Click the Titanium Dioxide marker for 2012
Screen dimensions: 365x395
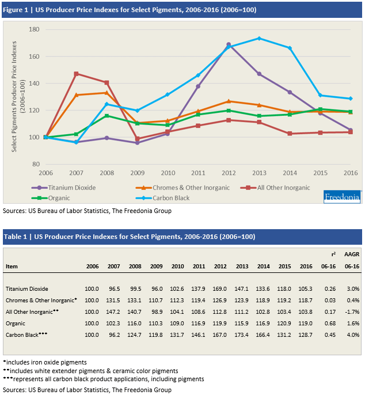pos(229,44)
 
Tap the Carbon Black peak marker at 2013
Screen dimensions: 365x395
pos(259,38)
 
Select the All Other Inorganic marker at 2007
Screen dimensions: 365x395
pos(77,74)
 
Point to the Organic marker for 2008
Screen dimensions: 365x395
pos(107,116)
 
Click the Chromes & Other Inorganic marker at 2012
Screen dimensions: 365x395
pos(229,101)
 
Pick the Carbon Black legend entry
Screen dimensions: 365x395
pos(162,198)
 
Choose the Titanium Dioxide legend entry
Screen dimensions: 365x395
pos(64,188)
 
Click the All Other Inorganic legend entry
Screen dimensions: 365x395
pos(275,188)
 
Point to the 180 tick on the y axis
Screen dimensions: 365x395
pos(35,29)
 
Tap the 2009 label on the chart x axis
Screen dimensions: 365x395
pos(137,173)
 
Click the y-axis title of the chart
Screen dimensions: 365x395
pos(18,97)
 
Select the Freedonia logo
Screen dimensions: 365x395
pos(342,197)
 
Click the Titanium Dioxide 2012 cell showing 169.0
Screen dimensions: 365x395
pos(219,288)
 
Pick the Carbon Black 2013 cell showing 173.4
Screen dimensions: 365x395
pos(241,335)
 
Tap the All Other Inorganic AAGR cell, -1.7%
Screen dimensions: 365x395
pos(352,312)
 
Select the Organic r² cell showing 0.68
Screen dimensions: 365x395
pos(330,324)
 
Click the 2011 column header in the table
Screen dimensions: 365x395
pos(199,266)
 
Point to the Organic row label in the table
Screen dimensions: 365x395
pos(16,324)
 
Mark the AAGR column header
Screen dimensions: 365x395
pos(352,254)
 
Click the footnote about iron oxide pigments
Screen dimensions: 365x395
pos(45,362)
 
